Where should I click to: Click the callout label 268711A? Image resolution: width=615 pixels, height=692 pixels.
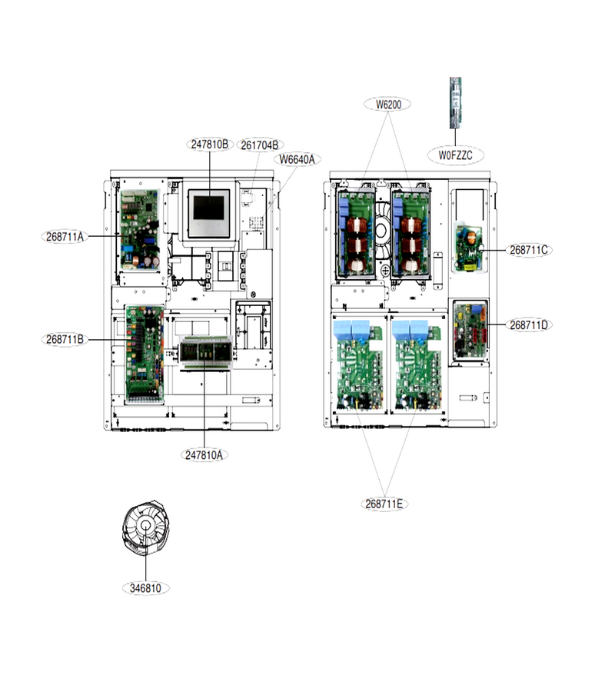pos(65,237)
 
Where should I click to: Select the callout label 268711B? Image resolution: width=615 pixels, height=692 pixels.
pos(65,339)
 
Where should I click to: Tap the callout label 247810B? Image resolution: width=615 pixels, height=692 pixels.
pos(210,144)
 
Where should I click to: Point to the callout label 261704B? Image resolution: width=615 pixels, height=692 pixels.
pos(259,145)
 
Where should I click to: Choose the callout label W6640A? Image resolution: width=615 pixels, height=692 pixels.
pos(297,159)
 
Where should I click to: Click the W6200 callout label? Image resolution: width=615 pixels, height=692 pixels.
pos(388,105)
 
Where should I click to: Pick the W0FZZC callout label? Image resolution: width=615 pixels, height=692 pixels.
pos(455,155)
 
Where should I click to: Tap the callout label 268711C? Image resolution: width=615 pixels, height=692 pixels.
pos(529,250)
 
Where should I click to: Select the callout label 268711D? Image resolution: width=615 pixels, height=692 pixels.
pos(529,324)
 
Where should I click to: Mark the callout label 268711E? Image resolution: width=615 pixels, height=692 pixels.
pos(384,504)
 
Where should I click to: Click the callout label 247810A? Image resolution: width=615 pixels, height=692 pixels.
pos(204,455)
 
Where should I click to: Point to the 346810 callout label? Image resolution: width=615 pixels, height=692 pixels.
pos(145,588)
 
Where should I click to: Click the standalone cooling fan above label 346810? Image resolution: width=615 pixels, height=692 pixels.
pos(145,525)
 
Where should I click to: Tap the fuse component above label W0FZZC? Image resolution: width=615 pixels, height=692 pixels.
pos(455,103)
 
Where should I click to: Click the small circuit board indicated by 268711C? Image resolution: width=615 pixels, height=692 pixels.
pos(469,248)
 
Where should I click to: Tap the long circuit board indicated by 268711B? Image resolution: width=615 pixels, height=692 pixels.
pos(145,353)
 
